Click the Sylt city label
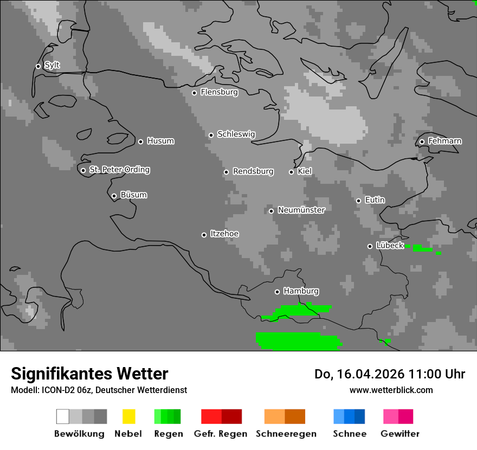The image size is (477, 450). point(52,65)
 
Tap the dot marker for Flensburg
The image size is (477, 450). point(194,93)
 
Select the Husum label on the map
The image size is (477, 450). point(160,141)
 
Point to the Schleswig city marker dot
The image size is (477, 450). point(211,135)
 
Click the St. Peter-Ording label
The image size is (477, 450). point(119,170)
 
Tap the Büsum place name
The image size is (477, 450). point(133,195)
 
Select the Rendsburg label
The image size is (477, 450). point(253,171)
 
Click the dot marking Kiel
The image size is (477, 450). point(291,172)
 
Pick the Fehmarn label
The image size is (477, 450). point(444,141)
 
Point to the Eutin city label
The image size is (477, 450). point(375,200)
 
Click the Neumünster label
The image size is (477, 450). point(301,210)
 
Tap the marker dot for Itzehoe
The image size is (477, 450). point(204,235)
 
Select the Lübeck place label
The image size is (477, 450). point(390,245)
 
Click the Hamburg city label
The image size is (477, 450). point(301,291)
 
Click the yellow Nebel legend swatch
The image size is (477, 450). point(128,416)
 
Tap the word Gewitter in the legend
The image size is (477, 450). point(399,434)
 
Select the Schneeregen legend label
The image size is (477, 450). point(286,434)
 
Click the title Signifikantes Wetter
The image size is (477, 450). point(89,374)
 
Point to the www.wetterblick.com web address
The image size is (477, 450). point(391,390)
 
